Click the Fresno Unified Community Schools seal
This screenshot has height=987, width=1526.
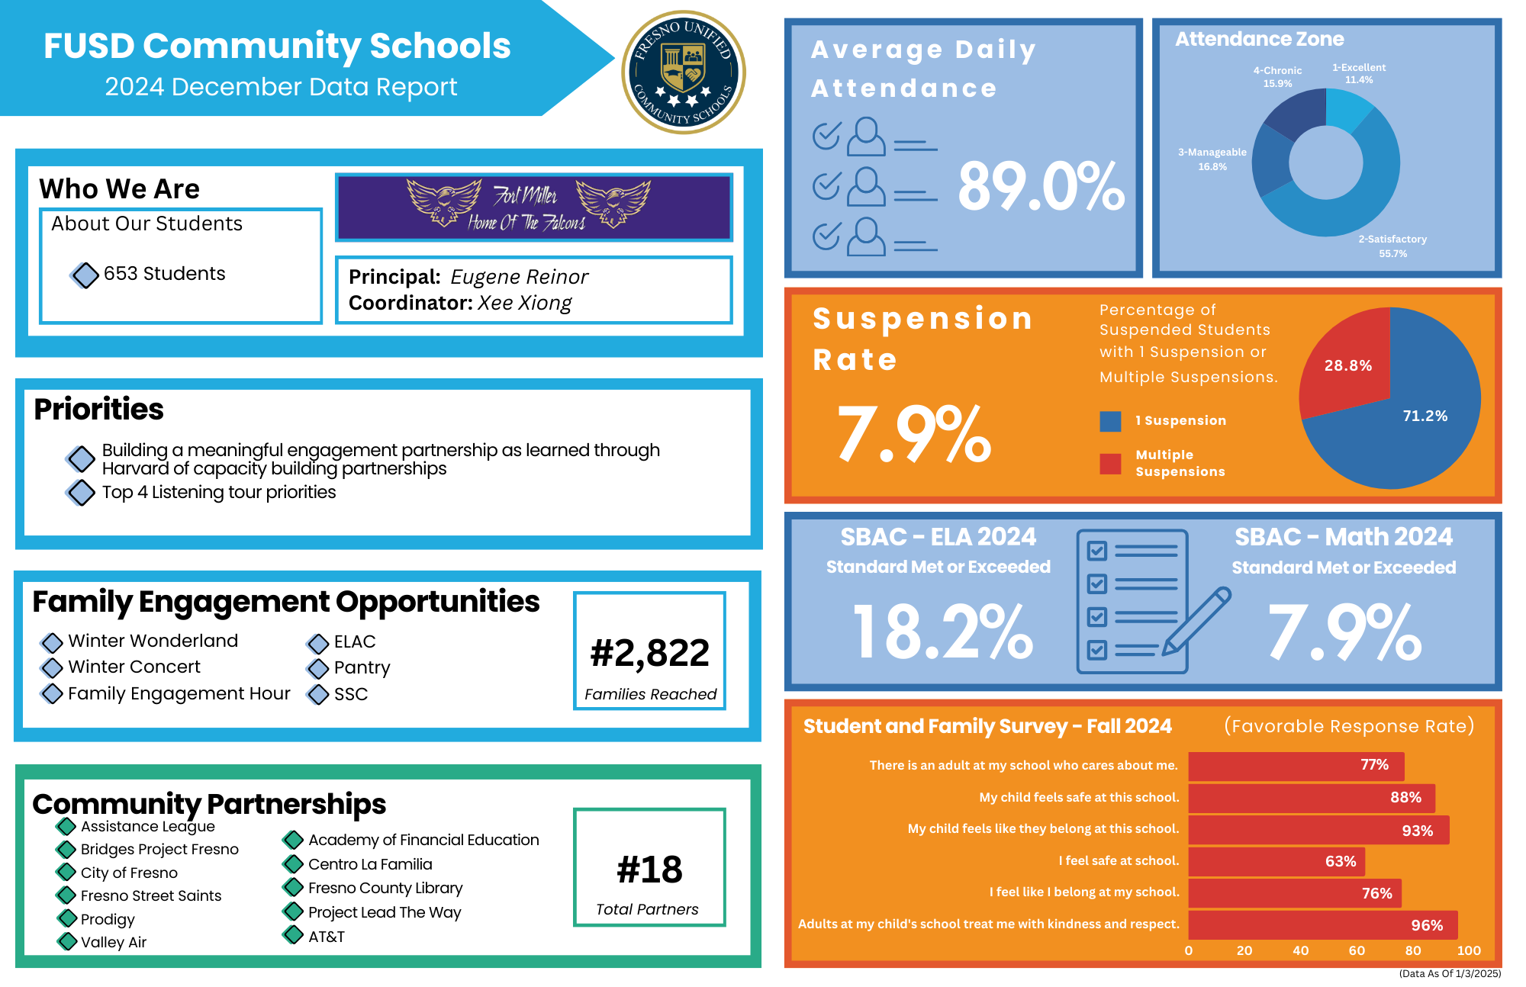pos(684,72)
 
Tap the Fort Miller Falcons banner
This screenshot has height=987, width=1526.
pos(533,207)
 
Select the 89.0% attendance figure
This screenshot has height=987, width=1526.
pos(1041,187)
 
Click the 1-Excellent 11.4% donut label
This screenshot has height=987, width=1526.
pos(1359,73)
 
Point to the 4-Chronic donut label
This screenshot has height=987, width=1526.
pos(1277,76)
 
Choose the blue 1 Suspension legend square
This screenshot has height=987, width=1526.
pos(1110,421)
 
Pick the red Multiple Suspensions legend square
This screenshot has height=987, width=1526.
pos(1110,464)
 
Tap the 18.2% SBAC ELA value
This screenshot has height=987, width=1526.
pos(942,632)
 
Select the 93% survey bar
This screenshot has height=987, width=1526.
pos(1318,830)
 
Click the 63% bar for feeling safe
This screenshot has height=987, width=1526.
pos(1276,862)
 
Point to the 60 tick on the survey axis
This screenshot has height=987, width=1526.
pos(1357,951)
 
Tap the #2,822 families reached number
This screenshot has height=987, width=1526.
pos(650,654)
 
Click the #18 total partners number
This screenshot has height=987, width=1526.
pos(649,870)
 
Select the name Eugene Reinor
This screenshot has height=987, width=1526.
pos(519,277)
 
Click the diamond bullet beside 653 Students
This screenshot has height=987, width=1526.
pos(85,275)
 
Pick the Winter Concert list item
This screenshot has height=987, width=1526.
pos(134,667)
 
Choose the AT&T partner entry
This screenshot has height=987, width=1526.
pos(326,937)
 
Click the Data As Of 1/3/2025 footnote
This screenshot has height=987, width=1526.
pos(1449,973)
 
